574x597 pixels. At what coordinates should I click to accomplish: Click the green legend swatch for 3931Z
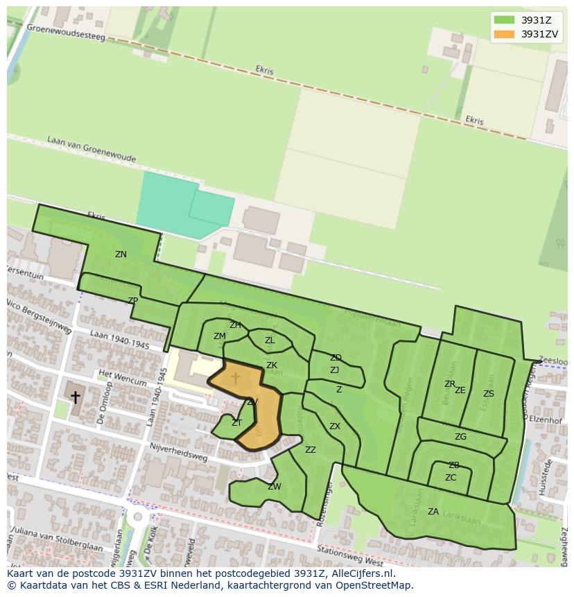pos(504,20)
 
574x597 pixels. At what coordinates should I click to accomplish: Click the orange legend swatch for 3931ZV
pos(504,34)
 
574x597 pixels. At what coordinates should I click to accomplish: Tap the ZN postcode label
pos(121,254)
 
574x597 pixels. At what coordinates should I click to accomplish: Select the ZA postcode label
pos(433,512)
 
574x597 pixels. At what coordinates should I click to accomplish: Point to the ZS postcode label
pos(489,394)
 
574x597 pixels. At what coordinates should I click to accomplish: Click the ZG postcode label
pos(460,437)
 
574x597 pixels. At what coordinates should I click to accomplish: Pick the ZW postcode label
pos(275,487)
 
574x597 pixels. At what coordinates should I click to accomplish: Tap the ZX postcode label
pos(335,426)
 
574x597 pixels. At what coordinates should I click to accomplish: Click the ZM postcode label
pos(220,336)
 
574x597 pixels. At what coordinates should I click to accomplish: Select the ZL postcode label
pos(270,340)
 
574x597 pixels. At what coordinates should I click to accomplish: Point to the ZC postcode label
pos(451,478)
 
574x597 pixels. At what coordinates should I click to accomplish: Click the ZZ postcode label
pos(311,450)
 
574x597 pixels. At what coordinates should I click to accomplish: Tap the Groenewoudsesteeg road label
pos(66,32)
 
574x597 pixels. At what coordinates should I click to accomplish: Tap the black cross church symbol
pos(75,397)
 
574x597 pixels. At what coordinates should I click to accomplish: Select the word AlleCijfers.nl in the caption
pos(361,573)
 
